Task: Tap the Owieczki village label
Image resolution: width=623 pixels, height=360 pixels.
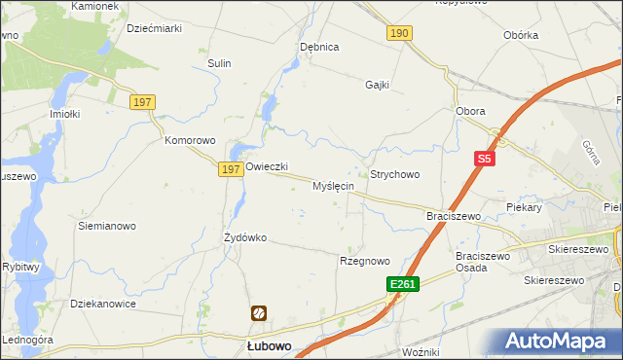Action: pyautogui.click(x=267, y=166)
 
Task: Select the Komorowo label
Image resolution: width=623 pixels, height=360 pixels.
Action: pyautogui.click(x=189, y=140)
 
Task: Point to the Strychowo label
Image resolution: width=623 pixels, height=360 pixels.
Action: pyautogui.click(x=394, y=174)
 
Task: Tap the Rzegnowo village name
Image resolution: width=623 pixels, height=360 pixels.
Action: pyautogui.click(x=364, y=261)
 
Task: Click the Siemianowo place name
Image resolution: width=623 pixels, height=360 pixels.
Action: pyautogui.click(x=105, y=225)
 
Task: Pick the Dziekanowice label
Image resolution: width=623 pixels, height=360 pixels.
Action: pyautogui.click(x=103, y=304)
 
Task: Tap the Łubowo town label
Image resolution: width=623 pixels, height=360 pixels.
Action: pyautogui.click(x=264, y=346)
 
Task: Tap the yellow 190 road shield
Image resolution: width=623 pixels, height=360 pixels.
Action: pyautogui.click(x=399, y=33)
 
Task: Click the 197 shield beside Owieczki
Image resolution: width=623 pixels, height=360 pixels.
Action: pyautogui.click(x=230, y=169)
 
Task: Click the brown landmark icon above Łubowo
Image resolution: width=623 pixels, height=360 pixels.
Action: pyautogui.click(x=260, y=313)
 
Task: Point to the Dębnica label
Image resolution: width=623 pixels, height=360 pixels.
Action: pyautogui.click(x=319, y=47)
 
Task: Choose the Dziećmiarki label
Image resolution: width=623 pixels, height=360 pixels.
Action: pyautogui.click(x=155, y=29)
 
